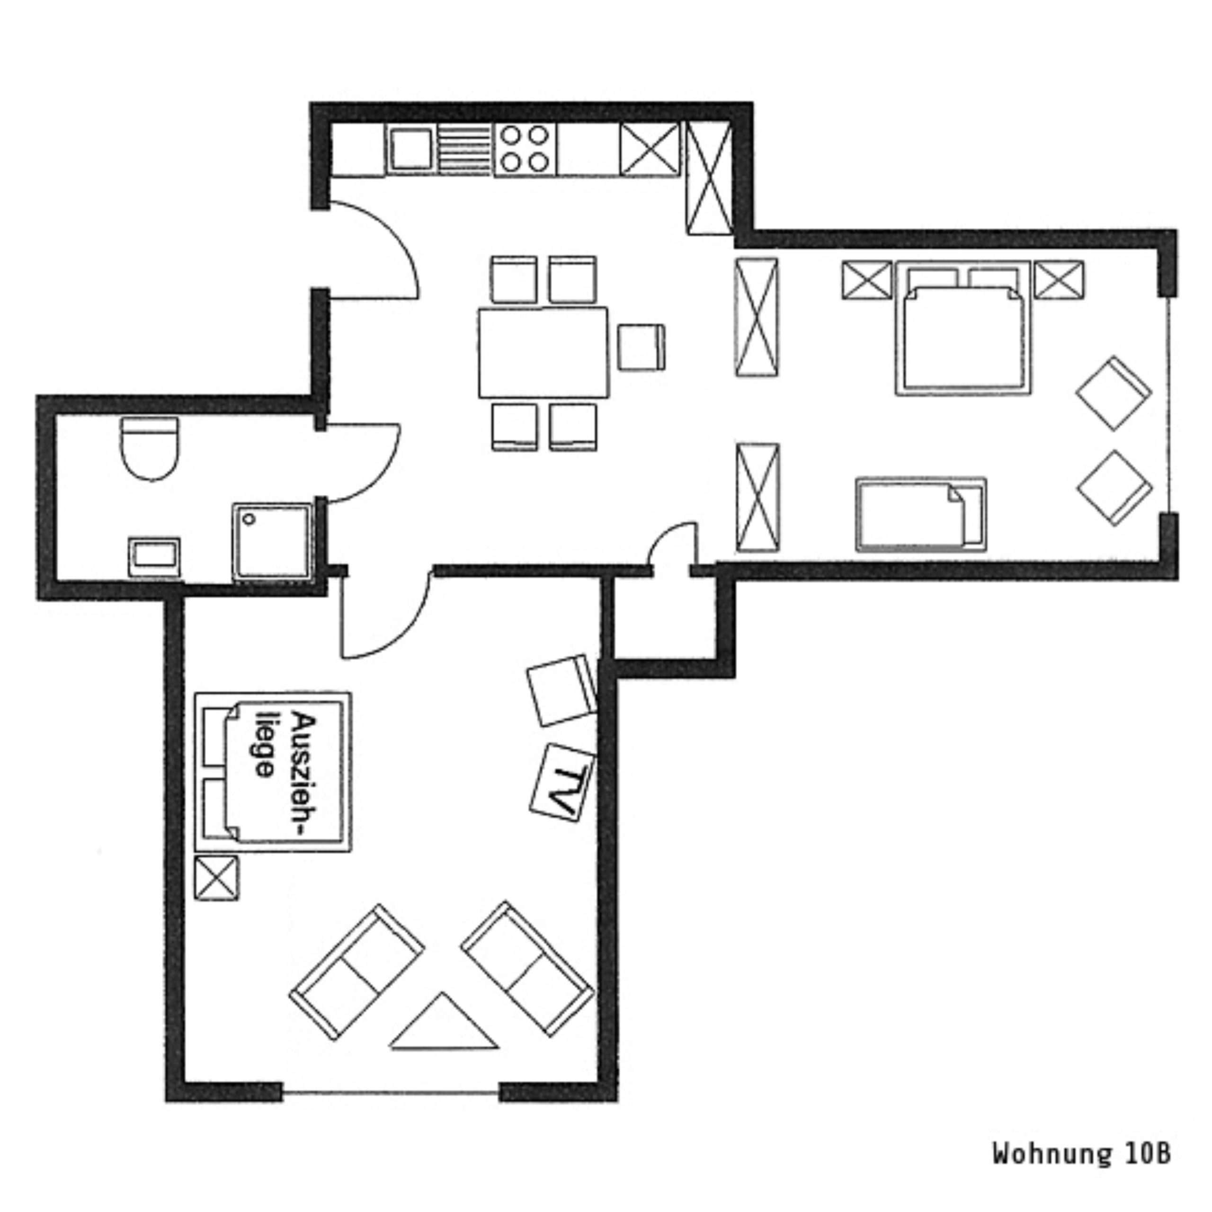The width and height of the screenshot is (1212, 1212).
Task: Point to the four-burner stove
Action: point(525,149)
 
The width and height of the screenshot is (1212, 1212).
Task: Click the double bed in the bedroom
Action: point(963,328)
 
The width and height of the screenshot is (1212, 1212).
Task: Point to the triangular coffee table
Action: point(444,1021)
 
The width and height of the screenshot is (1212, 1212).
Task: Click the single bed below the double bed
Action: point(921,515)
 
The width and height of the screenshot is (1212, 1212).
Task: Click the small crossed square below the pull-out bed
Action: point(216,878)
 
